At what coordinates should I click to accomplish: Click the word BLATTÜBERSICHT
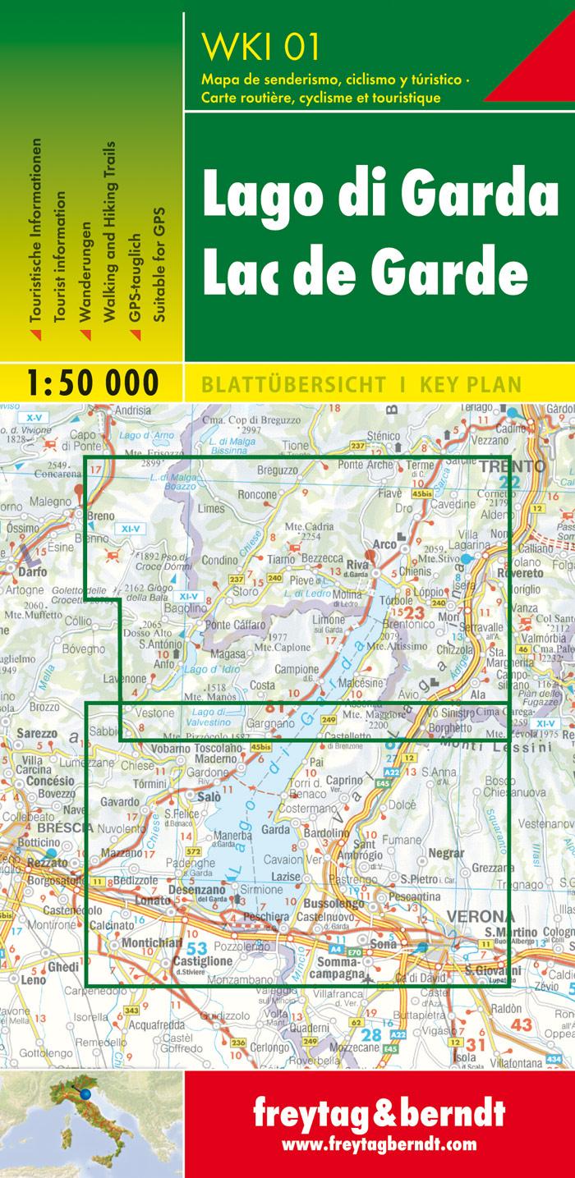(x=288, y=383)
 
